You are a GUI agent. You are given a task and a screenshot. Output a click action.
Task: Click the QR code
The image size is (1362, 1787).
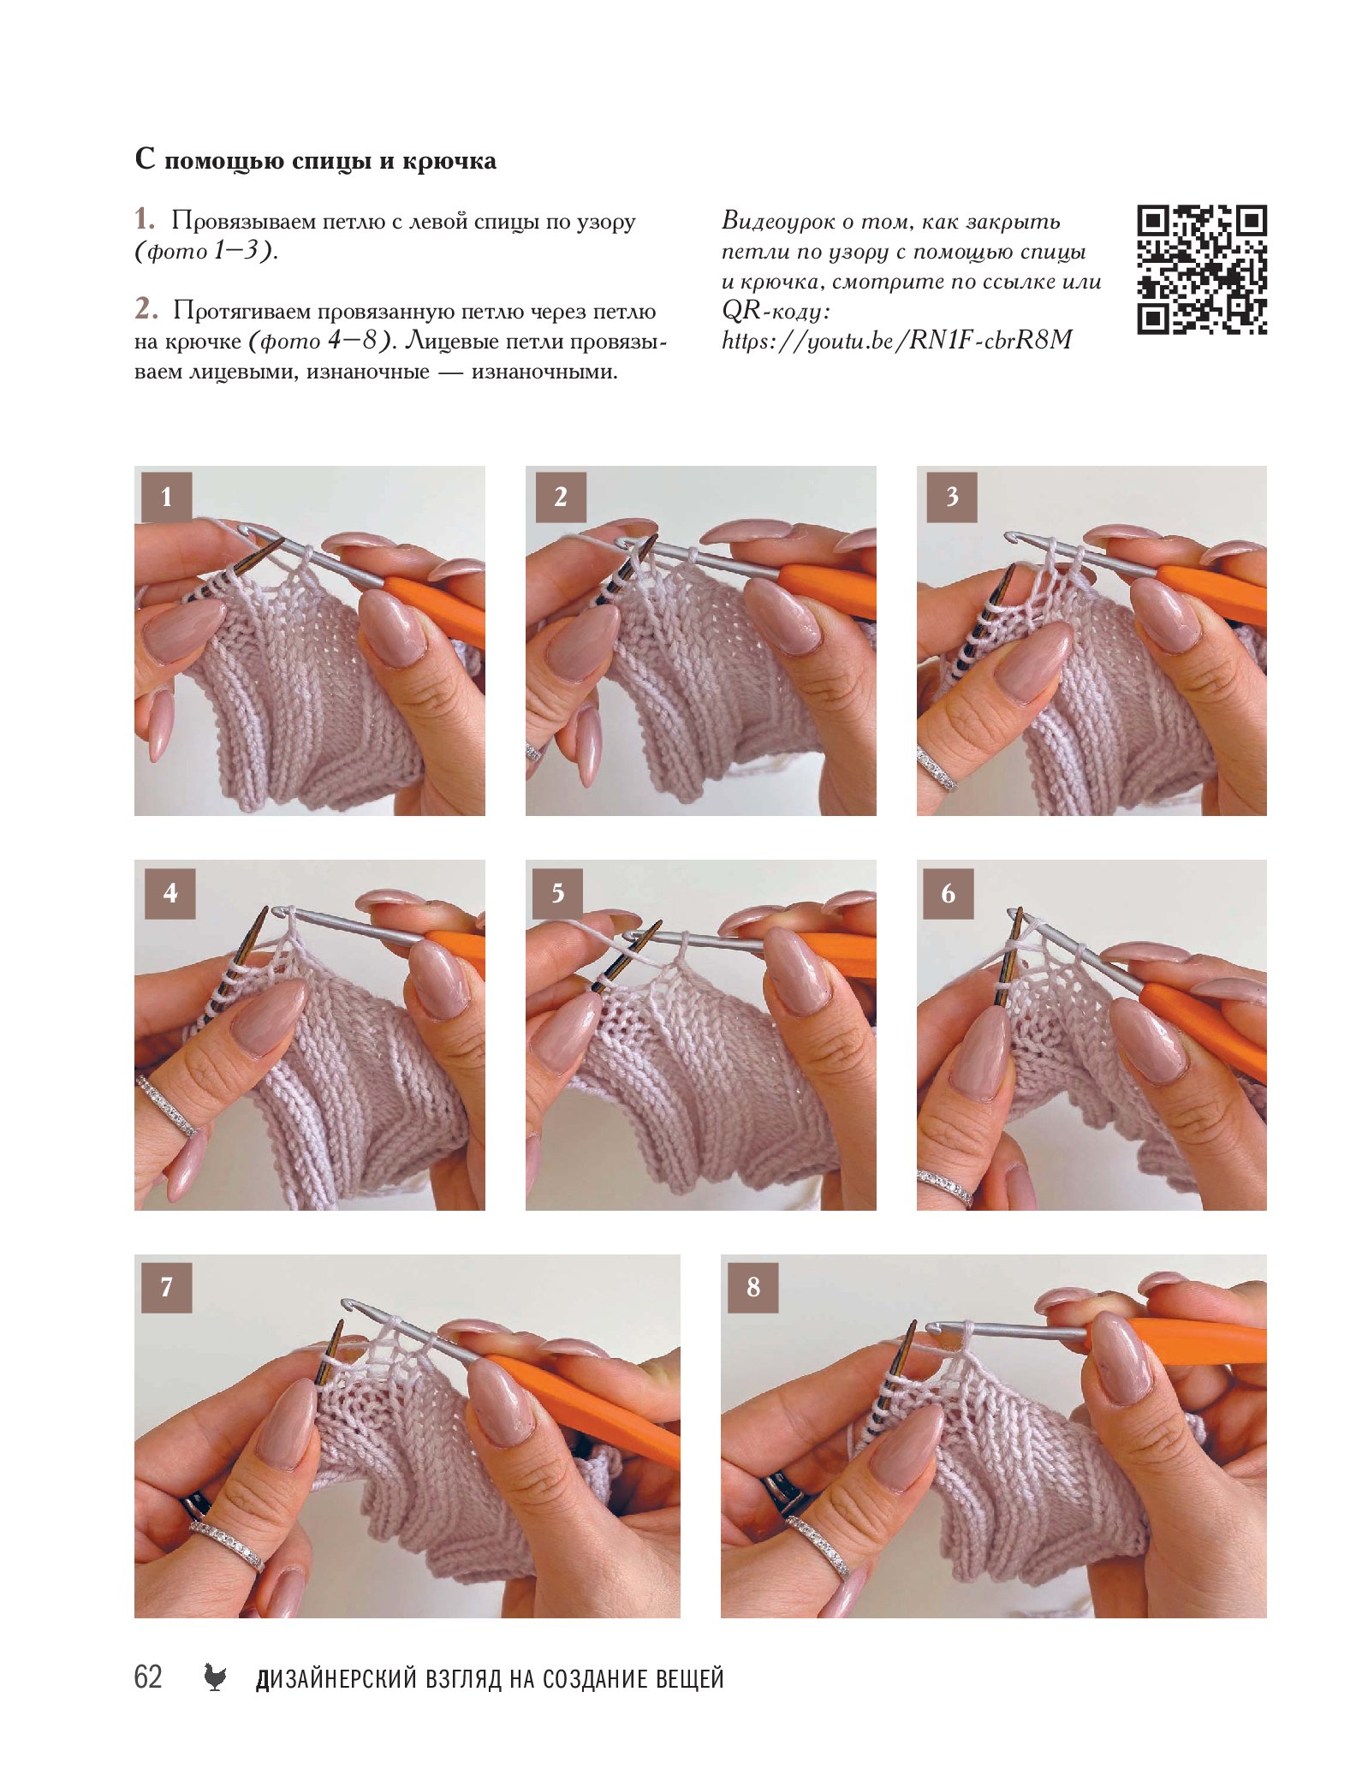pyautogui.click(x=1201, y=269)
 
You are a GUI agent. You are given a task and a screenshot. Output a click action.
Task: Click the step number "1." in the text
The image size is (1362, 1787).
pyautogui.click(x=145, y=220)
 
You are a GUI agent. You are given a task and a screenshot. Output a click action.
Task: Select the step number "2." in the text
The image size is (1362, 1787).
pyautogui.click(x=146, y=309)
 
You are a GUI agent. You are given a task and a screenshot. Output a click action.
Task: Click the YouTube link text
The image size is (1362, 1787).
pyautogui.click(x=896, y=341)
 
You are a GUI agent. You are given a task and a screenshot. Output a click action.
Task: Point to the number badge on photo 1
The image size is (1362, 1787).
pyautogui.click(x=166, y=497)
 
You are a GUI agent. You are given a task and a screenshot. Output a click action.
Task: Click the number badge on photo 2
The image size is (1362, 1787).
pyautogui.click(x=560, y=497)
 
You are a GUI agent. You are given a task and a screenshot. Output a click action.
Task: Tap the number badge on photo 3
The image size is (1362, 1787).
pyautogui.click(x=951, y=497)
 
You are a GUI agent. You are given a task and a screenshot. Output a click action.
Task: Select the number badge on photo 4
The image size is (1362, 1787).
pyautogui.click(x=170, y=893)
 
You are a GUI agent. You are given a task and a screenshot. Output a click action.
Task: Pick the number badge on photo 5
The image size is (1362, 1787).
pyautogui.click(x=557, y=893)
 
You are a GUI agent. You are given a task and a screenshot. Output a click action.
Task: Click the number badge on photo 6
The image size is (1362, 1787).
pyautogui.click(x=949, y=893)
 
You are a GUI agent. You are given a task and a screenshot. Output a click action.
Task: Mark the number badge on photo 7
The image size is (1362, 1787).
pyautogui.click(x=166, y=1287)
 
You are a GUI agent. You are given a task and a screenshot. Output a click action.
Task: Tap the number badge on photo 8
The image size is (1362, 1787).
pyautogui.click(x=753, y=1287)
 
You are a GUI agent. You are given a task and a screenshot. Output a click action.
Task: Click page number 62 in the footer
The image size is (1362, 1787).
pyautogui.click(x=148, y=1677)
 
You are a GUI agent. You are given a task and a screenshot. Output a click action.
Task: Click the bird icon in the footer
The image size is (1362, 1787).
pyautogui.click(x=215, y=1677)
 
